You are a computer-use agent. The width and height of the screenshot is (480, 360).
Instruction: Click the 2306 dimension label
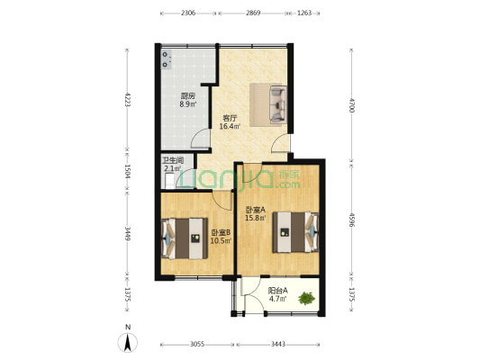[x=188, y=13]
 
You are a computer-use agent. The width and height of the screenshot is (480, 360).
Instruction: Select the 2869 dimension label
[x=253, y=13]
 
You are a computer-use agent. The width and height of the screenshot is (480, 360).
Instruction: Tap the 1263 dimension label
[x=304, y=13]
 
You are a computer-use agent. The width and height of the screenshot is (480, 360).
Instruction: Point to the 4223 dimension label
[x=127, y=99]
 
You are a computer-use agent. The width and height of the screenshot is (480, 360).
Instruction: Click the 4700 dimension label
[x=351, y=105]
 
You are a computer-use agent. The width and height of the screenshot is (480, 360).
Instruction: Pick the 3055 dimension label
[x=197, y=345]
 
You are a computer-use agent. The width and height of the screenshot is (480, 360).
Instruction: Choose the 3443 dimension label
[x=278, y=345]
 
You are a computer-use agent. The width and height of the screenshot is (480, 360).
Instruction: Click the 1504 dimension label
[x=127, y=172]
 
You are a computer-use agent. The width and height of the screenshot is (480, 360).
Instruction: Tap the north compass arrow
[x=128, y=343]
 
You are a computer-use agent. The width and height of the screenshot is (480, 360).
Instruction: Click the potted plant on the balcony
[x=306, y=298]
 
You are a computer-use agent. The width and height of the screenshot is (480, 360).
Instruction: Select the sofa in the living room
[x=278, y=104]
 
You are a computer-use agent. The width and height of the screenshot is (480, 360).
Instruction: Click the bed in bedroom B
[x=185, y=238]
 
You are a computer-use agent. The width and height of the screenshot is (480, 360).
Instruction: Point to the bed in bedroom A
[x=296, y=232]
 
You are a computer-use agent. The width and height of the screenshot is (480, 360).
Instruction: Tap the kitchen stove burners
[x=167, y=59]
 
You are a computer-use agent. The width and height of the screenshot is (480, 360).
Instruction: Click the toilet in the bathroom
[x=168, y=181]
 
